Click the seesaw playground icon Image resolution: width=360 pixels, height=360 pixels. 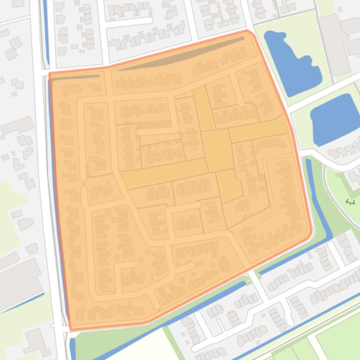click(350, 202)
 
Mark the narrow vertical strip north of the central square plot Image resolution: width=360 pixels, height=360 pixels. click(203, 108)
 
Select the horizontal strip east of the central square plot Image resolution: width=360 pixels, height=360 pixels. click(258, 129)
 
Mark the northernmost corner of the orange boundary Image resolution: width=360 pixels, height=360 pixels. click(248, 31)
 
